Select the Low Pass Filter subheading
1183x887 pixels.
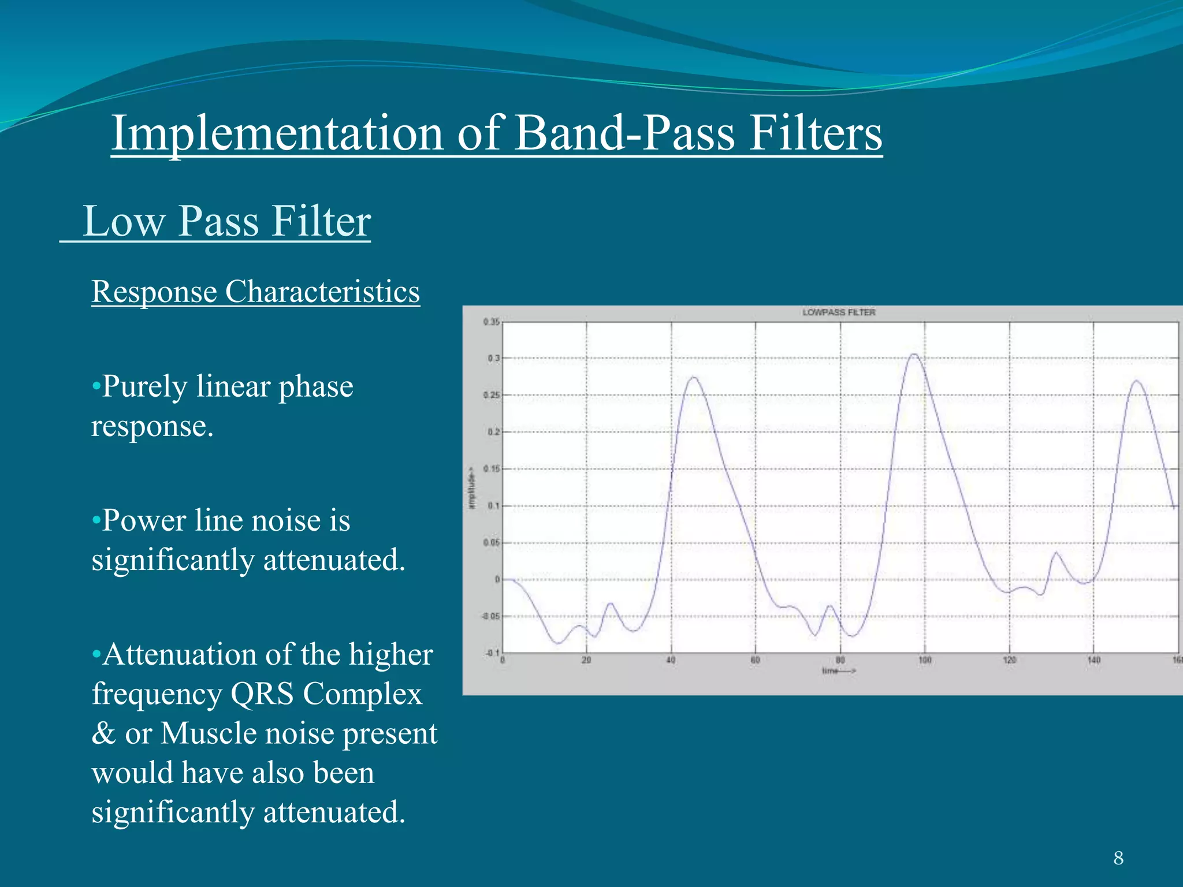226,221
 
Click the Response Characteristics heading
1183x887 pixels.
255,292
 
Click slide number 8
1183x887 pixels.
1118,858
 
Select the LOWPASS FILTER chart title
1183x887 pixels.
839,312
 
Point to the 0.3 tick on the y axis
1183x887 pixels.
493,358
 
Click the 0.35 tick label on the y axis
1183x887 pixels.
491,322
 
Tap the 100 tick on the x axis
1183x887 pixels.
925,660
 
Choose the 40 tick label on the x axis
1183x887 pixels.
671,660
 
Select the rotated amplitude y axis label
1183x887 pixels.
472,488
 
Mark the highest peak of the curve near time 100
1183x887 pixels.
914,354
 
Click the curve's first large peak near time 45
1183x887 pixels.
694,378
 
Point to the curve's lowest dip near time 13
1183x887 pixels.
558,643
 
